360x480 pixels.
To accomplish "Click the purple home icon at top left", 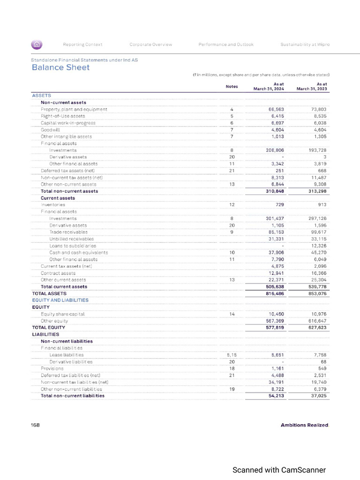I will tap(37, 45).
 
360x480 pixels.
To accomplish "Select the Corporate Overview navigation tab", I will tap(150, 45).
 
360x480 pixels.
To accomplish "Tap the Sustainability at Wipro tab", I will tap(305, 45).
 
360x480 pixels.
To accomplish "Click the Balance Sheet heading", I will tap(60, 67).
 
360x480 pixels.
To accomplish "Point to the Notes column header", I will tap(232, 87).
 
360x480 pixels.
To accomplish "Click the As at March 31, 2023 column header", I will tap(315, 87).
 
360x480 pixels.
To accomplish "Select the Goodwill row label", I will tap(50, 129).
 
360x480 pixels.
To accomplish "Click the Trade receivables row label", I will tap(68, 232).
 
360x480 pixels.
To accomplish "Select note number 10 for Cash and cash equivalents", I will tap(232, 253).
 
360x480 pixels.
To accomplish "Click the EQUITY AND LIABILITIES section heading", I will tap(60, 300).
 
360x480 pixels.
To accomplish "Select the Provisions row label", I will tap(52, 368).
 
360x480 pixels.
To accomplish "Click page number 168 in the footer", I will tap(36, 425).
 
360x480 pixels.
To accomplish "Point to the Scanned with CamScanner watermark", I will tap(279, 470).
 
